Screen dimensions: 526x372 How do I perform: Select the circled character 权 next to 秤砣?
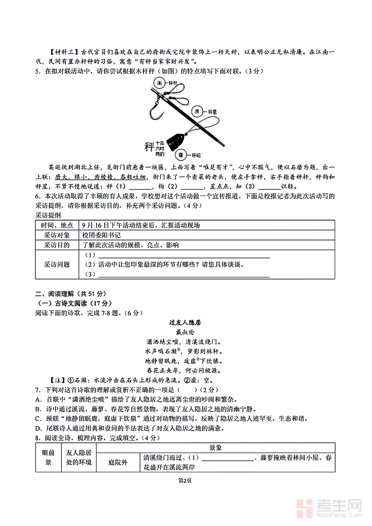[181, 155]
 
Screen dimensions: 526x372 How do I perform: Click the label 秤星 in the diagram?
[214, 112]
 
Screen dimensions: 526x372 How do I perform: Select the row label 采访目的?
[57, 245]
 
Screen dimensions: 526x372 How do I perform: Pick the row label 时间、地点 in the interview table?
[57, 225]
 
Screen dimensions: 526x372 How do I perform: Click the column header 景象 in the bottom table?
[215, 448]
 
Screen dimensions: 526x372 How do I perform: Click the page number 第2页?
[186, 480]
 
